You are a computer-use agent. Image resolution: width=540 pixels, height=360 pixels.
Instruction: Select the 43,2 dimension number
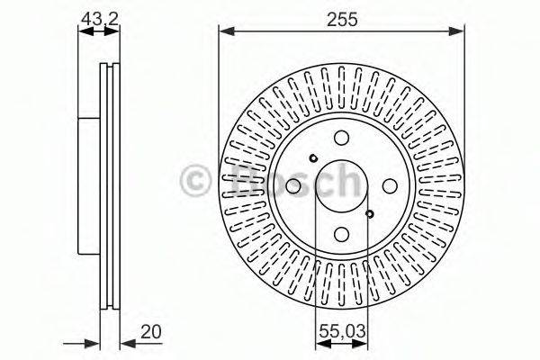(x=98, y=15)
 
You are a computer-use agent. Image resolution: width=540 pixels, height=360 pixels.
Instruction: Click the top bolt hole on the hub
(x=341, y=139)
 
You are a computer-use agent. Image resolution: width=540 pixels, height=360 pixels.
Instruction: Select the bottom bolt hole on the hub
(x=341, y=232)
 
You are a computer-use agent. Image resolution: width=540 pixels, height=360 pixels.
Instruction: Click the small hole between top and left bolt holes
(x=312, y=158)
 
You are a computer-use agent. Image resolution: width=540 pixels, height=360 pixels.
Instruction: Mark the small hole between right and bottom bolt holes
(x=370, y=214)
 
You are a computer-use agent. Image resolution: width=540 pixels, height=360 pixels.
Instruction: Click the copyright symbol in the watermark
(x=197, y=181)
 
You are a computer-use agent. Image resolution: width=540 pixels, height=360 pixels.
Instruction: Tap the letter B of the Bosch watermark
(x=237, y=181)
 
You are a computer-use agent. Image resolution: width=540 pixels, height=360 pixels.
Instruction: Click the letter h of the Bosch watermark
(x=344, y=181)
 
